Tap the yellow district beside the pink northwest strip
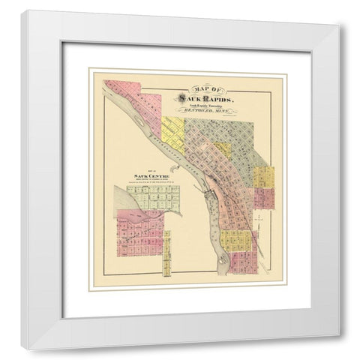[173, 130]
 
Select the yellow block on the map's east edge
[263, 176]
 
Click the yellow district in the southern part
[235, 241]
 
